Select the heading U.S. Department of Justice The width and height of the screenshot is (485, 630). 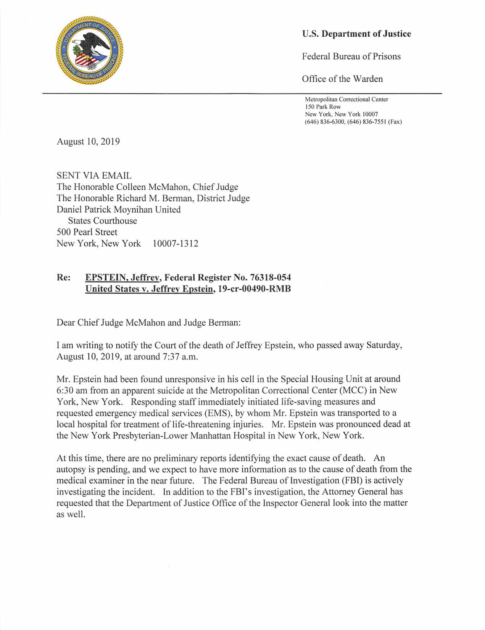click(356, 34)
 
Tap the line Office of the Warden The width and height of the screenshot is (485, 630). click(342, 79)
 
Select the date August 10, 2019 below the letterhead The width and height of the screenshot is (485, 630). click(88, 142)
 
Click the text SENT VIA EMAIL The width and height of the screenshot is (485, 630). click(94, 176)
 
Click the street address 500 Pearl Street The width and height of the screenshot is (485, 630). click(87, 232)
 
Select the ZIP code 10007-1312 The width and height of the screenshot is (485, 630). click(175, 243)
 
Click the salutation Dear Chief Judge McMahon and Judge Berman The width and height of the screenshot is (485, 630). click(148, 322)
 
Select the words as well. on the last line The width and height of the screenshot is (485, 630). click(70, 514)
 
